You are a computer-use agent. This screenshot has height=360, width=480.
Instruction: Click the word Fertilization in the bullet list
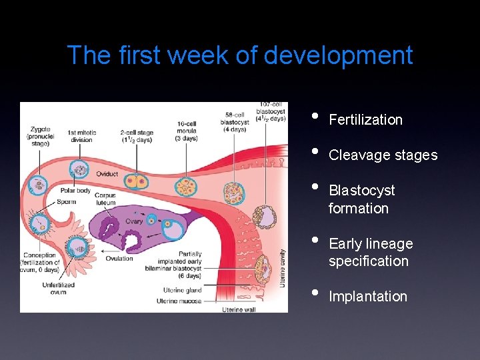pyautogui.click(x=365, y=120)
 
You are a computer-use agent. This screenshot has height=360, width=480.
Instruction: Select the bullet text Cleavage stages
pyautogui.click(x=383, y=155)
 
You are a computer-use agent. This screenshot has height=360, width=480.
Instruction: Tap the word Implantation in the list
pyautogui.click(x=367, y=297)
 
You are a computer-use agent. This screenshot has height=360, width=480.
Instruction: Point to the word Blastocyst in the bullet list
pyautogui.click(x=361, y=191)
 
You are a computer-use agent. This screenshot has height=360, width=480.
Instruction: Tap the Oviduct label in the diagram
pyautogui.click(x=106, y=175)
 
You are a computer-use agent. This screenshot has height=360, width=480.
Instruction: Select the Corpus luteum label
pyautogui.click(x=105, y=199)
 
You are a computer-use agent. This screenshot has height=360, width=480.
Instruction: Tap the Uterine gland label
pyautogui.click(x=182, y=290)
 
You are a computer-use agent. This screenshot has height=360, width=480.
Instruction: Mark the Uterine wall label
pyautogui.click(x=239, y=308)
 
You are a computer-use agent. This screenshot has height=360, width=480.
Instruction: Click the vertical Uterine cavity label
pyautogui.click(x=283, y=267)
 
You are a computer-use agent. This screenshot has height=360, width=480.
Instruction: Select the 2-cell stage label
pyautogui.click(x=137, y=136)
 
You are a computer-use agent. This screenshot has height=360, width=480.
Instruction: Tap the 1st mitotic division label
pyautogui.click(x=81, y=136)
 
